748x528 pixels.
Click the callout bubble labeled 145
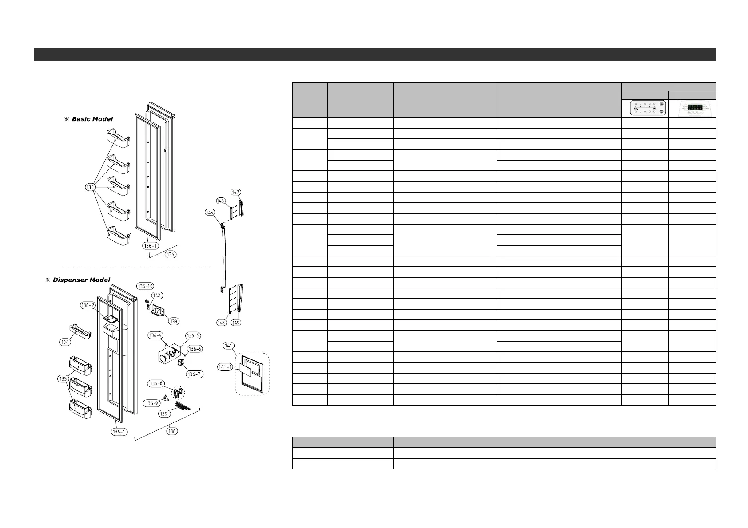(210, 213)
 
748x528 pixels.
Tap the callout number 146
(221, 201)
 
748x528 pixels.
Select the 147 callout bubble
(235, 192)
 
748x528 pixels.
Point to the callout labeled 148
(222, 323)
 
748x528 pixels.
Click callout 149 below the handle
(236, 323)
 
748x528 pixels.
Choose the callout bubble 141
(229, 346)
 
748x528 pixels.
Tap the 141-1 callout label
(225, 367)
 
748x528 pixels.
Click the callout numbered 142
(157, 296)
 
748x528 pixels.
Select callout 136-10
(145, 286)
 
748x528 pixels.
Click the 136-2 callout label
(88, 305)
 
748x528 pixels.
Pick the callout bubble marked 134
(65, 342)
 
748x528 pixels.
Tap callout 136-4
(155, 335)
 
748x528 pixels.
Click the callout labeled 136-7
(194, 374)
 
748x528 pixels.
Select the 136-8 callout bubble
(156, 383)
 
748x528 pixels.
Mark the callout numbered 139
(164, 414)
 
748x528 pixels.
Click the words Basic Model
(92, 119)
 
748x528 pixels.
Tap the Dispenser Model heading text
(81, 280)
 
